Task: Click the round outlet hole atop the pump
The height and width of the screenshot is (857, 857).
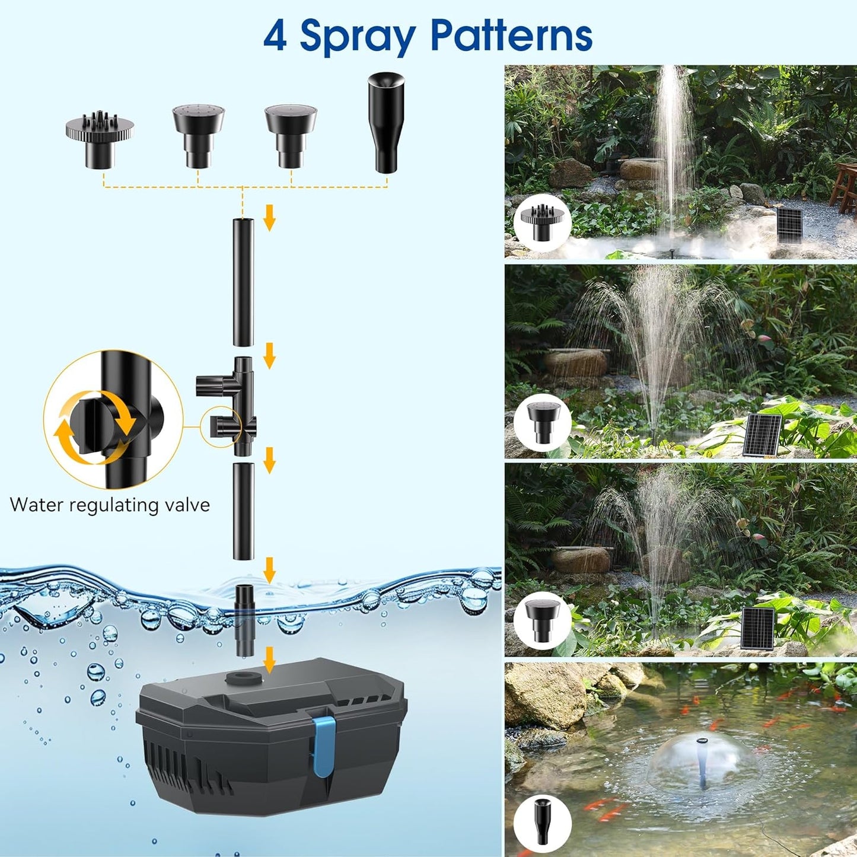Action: click(x=243, y=677)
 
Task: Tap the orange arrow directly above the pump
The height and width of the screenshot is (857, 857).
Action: click(x=269, y=659)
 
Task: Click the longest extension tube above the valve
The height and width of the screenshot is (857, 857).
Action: click(x=243, y=282)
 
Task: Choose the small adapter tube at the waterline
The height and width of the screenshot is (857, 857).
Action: click(x=244, y=620)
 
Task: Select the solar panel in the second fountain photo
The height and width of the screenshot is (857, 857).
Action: click(x=763, y=435)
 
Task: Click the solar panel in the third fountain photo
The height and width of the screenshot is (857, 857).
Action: click(x=758, y=628)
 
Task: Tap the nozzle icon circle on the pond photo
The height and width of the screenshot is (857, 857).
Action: click(x=542, y=824)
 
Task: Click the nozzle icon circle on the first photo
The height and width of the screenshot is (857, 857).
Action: click(x=542, y=223)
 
